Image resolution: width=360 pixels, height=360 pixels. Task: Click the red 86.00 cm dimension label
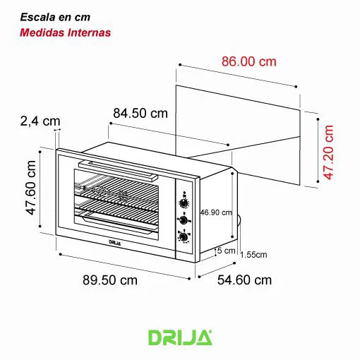tap(248, 61)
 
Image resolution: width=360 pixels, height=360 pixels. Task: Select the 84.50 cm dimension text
tap(140, 113)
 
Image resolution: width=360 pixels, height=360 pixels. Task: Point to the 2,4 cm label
tap(40, 121)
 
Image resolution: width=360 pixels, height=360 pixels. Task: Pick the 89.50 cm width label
tap(109, 280)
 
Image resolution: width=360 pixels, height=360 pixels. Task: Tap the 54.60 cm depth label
tap(244, 280)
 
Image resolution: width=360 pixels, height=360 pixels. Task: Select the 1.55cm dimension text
tap(253, 255)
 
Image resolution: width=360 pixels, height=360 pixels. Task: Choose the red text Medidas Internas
tap(65, 32)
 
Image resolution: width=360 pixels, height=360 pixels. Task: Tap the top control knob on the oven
tap(184, 203)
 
